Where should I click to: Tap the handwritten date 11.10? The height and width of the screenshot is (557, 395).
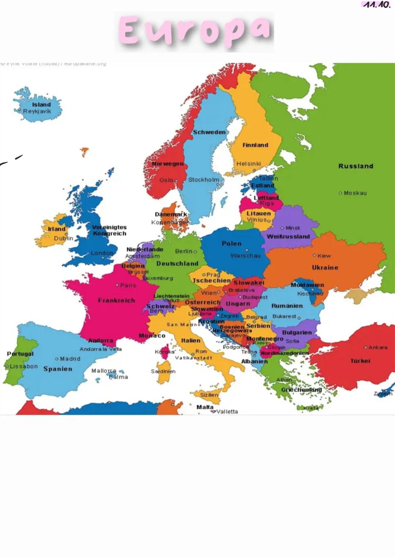point(376,5)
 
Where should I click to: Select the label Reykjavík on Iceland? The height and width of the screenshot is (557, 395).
point(37,111)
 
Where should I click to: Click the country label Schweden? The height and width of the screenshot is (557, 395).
point(209,132)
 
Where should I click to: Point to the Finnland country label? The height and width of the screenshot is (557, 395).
point(255,145)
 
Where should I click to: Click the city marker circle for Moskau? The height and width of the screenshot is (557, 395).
point(341,193)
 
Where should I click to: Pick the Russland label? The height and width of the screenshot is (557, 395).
point(355,166)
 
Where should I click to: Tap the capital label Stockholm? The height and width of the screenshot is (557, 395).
point(204,180)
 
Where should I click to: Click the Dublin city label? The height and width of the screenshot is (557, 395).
point(64,238)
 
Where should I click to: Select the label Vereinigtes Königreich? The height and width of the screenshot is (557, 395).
point(109,230)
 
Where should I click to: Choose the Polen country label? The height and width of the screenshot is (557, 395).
point(232,243)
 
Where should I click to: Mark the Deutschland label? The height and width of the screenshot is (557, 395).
point(177,264)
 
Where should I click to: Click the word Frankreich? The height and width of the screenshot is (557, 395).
point(116,300)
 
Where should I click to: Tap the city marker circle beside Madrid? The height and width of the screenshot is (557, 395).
point(57,359)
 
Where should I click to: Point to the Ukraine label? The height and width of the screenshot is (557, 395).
point(325,268)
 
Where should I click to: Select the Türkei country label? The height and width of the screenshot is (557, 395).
point(360,361)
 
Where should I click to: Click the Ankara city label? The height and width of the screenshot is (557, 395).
point(378,347)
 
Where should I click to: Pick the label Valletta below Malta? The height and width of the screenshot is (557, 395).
point(227,411)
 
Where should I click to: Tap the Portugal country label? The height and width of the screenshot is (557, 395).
point(20,354)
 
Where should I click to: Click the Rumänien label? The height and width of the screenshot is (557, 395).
point(287,306)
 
